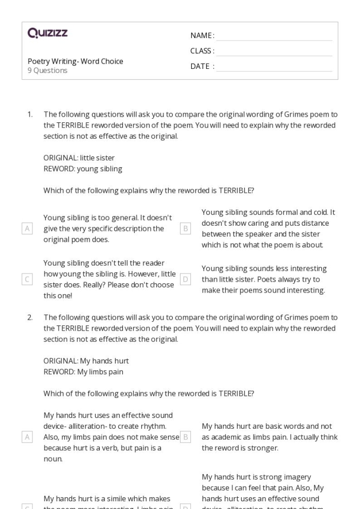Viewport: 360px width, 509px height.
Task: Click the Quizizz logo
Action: click(47, 33)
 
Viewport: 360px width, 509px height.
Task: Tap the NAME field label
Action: click(202, 35)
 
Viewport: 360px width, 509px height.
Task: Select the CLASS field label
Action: click(202, 51)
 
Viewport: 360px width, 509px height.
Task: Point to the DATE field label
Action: click(202, 66)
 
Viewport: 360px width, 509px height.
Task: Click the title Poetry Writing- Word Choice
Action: click(75, 61)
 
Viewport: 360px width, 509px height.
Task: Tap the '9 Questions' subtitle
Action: click(47, 70)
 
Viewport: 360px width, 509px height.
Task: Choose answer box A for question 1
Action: click(27, 229)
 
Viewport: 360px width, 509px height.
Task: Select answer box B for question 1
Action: click(186, 229)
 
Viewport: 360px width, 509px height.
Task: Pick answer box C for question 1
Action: click(27, 279)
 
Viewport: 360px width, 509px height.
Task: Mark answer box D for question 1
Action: click(186, 279)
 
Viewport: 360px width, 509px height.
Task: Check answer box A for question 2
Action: click(27, 437)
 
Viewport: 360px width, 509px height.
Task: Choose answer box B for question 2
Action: click(186, 437)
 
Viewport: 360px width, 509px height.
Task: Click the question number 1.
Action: click(30, 114)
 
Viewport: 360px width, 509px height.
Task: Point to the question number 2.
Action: click(30, 318)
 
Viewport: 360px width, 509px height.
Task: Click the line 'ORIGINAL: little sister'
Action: click(79, 158)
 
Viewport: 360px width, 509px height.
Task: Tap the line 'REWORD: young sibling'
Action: click(82, 168)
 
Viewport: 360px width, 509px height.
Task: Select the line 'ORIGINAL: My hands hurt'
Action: click(86, 361)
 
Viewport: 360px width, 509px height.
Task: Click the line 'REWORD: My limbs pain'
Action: click(83, 371)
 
